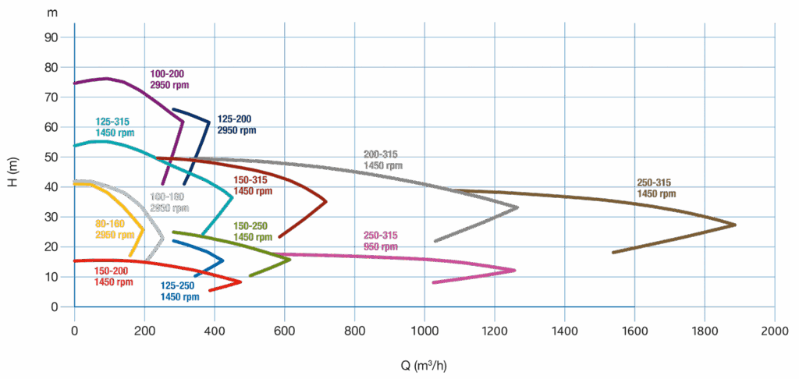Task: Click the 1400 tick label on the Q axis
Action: [564, 331]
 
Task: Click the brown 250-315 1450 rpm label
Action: [656, 188]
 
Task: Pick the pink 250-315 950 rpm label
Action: [381, 241]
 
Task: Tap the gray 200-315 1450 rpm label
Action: [383, 160]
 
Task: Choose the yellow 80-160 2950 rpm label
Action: [110, 229]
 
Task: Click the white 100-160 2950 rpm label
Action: [169, 203]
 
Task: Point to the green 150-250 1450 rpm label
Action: [254, 231]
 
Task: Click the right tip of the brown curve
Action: [736, 225]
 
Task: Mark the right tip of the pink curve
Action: [516, 271]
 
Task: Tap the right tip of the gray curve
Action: [518, 207]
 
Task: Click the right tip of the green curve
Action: [291, 259]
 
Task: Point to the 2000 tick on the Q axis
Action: [774, 331]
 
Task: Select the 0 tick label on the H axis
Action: [55, 306]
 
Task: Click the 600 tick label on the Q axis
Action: [284, 331]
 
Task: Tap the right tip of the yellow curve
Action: [144, 229]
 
